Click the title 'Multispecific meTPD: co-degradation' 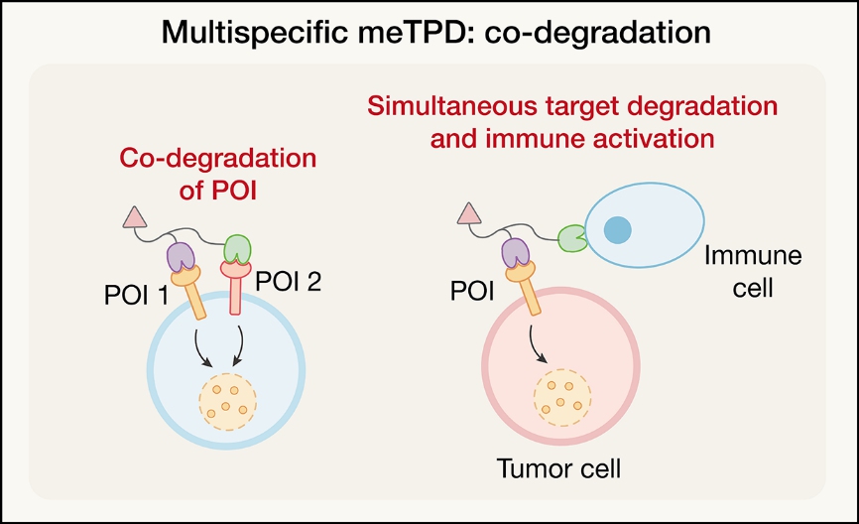429,32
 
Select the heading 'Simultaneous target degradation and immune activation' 572,121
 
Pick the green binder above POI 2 238,247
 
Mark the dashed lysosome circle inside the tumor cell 562,394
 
